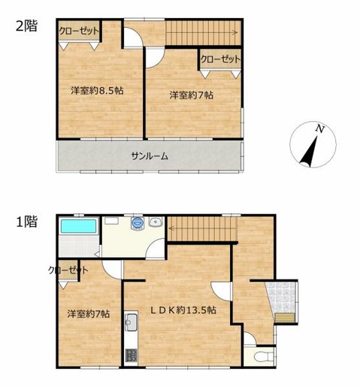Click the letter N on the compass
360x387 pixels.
point(319,130)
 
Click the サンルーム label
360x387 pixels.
point(149,156)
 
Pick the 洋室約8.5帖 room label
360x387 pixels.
point(98,90)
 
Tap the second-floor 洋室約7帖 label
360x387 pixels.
point(191,95)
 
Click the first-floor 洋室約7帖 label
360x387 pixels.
point(87,313)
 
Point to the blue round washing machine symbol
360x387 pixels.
point(137,222)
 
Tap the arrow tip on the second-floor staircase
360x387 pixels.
point(237,32)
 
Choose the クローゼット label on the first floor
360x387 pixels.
point(68,271)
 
